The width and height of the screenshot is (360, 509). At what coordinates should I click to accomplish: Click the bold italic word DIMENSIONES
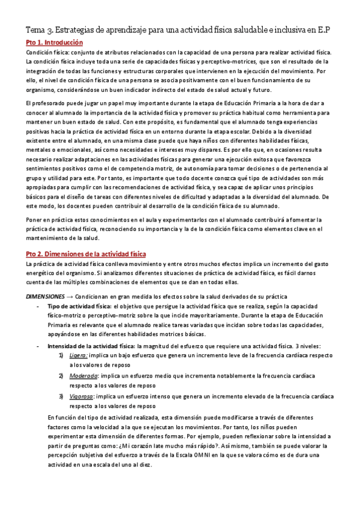(44, 297)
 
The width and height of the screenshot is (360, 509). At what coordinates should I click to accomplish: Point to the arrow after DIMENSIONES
(70, 297)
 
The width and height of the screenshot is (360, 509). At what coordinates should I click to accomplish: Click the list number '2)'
(62, 376)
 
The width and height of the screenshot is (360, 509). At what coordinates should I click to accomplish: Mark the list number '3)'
(62, 396)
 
